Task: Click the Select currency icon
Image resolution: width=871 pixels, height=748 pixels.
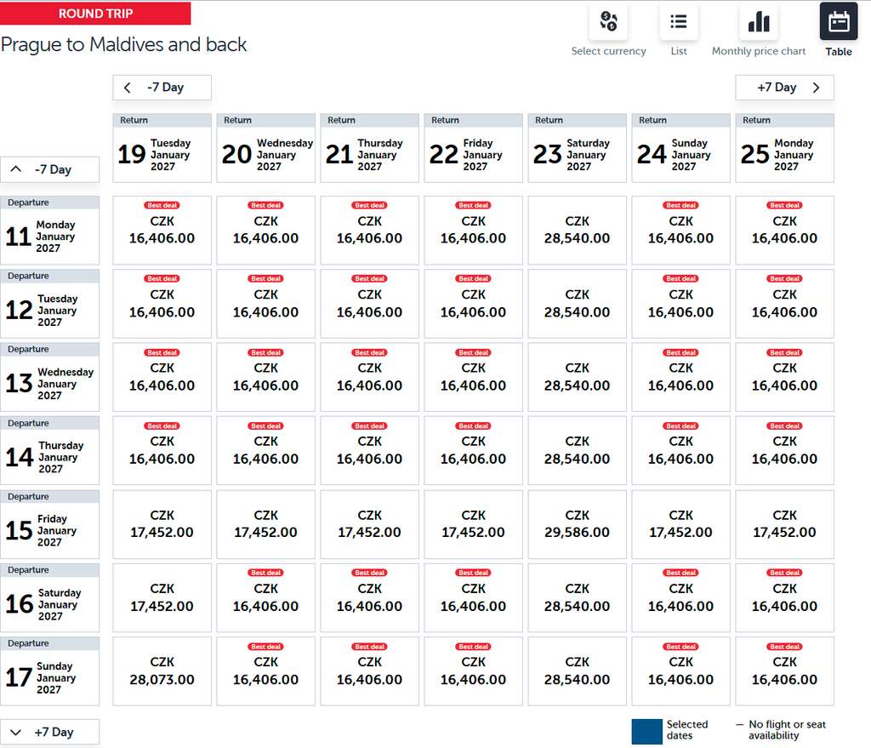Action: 608,21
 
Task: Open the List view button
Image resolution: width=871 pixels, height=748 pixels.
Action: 678,21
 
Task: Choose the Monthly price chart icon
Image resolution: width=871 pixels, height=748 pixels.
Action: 758,21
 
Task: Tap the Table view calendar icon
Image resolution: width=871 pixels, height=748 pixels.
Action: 838,21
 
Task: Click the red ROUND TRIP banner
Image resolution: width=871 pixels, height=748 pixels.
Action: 95,14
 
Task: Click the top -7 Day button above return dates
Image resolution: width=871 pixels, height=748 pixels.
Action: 162,88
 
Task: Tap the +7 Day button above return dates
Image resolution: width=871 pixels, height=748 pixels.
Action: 784,88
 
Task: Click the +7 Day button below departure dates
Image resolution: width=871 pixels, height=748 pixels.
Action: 50,732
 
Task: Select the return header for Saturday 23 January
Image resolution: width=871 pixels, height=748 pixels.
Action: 578,148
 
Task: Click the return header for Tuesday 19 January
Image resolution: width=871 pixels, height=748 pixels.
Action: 162,148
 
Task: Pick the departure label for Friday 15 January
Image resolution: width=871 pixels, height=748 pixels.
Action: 50,524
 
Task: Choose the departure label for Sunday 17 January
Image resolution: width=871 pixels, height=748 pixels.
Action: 50,671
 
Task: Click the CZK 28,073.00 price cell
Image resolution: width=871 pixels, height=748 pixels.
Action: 162,671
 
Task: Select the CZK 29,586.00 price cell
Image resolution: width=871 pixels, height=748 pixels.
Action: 578,524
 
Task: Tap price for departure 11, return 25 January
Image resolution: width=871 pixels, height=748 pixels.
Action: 784,230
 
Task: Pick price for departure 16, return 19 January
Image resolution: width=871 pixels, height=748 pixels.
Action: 162,597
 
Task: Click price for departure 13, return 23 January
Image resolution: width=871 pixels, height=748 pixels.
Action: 578,377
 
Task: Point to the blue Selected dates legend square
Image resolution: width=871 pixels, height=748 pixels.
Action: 646,731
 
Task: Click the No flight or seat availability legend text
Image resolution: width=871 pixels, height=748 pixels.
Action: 787,729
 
